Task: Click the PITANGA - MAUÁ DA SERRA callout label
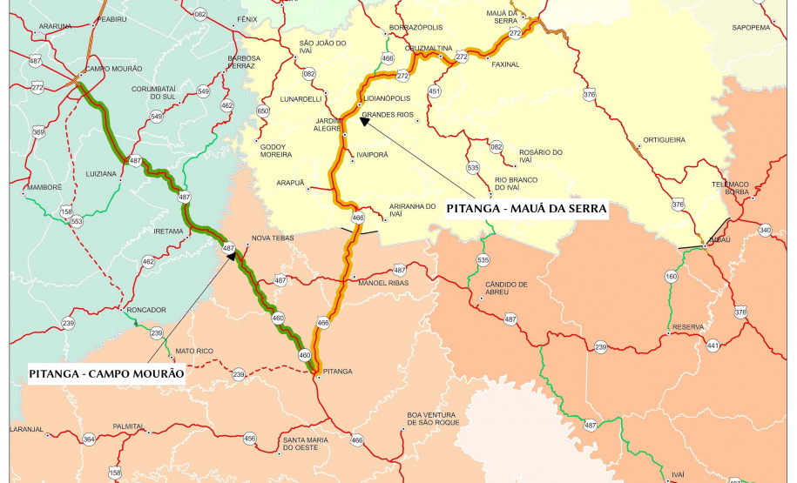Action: click(525, 209)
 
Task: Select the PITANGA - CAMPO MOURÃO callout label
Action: click(106, 373)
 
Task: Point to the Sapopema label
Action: click(751, 27)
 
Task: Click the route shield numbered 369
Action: click(38, 132)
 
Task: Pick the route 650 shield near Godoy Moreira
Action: click(263, 111)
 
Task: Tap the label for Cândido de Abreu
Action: click(506, 288)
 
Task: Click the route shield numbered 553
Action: click(77, 221)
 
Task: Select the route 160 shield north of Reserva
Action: click(671, 277)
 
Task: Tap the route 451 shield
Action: click(435, 91)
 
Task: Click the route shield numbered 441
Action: click(713, 345)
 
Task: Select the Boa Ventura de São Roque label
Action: click(433, 419)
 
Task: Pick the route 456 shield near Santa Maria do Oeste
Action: click(250, 438)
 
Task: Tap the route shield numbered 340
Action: click(765, 230)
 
